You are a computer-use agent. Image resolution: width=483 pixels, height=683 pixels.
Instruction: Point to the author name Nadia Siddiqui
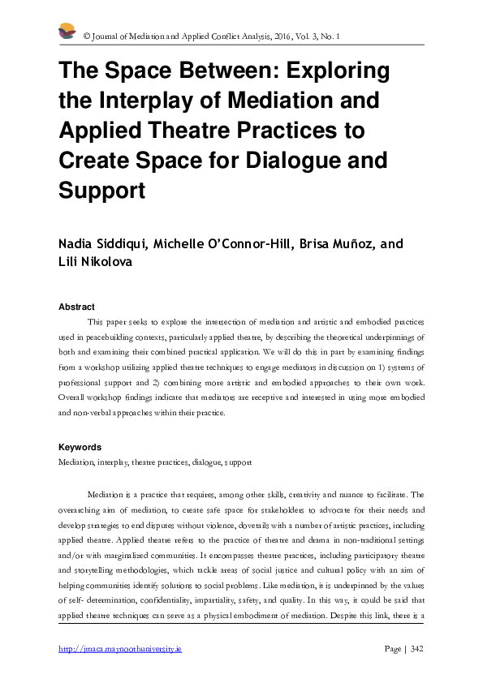point(110,244)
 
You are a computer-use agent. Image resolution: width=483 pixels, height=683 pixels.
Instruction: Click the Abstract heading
point(76,307)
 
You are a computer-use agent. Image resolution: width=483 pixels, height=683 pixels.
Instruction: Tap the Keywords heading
point(80,447)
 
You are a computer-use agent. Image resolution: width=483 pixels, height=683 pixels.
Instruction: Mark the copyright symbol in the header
point(87,37)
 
